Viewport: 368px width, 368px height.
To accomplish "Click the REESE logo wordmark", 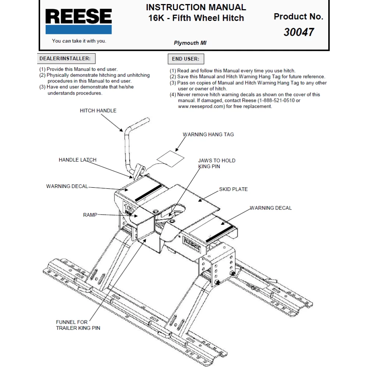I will (78, 17).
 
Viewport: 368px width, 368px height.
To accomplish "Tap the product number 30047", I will (298, 32).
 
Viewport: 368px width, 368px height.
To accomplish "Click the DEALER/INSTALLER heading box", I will (65, 59).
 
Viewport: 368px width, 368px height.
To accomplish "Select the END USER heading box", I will (185, 59).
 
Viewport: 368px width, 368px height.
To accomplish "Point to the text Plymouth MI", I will (190, 43).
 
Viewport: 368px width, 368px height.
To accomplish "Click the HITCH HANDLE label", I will (98, 111).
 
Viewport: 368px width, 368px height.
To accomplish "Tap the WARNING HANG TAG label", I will (208, 135).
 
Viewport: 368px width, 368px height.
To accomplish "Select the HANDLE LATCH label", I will (77, 160).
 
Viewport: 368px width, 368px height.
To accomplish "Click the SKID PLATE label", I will (233, 189).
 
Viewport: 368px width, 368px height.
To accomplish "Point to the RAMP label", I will (90, 215).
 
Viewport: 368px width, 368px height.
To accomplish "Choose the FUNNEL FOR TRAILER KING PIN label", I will (78, 325).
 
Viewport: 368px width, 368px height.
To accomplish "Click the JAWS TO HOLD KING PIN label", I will (216, 163).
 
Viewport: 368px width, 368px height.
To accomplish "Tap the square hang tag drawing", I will (170, 158).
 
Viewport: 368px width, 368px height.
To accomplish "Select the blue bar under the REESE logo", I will (78, 30).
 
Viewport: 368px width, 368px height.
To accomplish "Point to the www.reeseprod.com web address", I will (201, 106).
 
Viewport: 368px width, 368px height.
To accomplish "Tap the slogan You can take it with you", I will (79, 41).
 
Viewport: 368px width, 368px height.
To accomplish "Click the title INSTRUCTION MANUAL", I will (196, 7).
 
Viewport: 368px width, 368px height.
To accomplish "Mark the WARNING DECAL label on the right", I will (270, 208).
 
